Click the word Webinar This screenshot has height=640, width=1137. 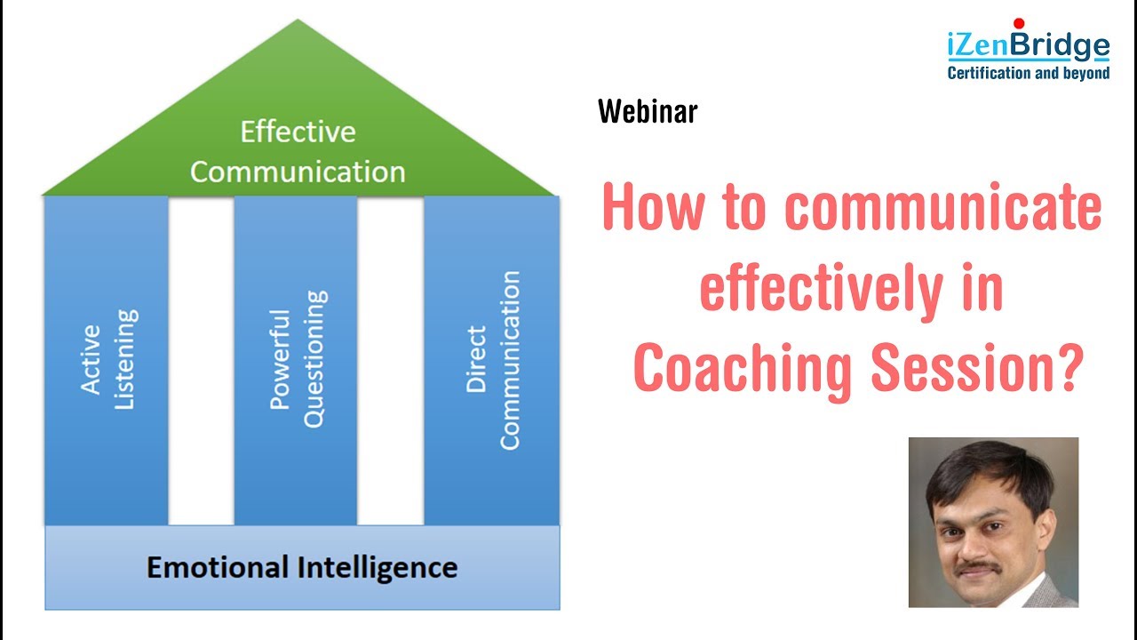pyautogui.click(x=648, y=112)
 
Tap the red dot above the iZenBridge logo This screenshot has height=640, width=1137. pyautogui.click(x=1018, y=22)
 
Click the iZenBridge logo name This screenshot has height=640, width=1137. pyautogui.click(x=1029, y=45)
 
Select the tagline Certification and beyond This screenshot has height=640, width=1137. pyautogui.click(x=1029, y=73)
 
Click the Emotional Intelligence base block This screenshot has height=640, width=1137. pyautogui.click(x=302, y=567)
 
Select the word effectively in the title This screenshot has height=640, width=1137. pyautogui.click(x=817, y=290)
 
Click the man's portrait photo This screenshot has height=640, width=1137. pyautogui.click(x=993, y=522)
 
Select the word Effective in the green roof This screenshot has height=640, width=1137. pyautogui.click(x=298, y=132)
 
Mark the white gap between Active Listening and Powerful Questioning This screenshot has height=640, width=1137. pyautogui.click(x=201, y=360)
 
